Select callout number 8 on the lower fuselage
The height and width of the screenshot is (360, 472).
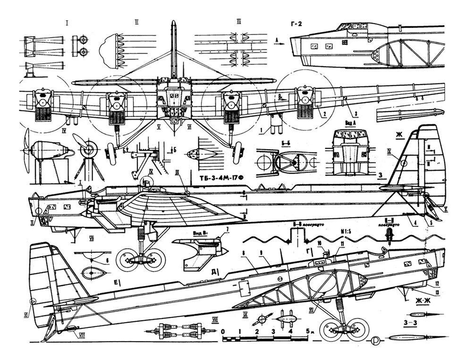click(x=243, y=254)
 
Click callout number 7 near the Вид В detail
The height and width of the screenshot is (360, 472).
click(x=227, y=230)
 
